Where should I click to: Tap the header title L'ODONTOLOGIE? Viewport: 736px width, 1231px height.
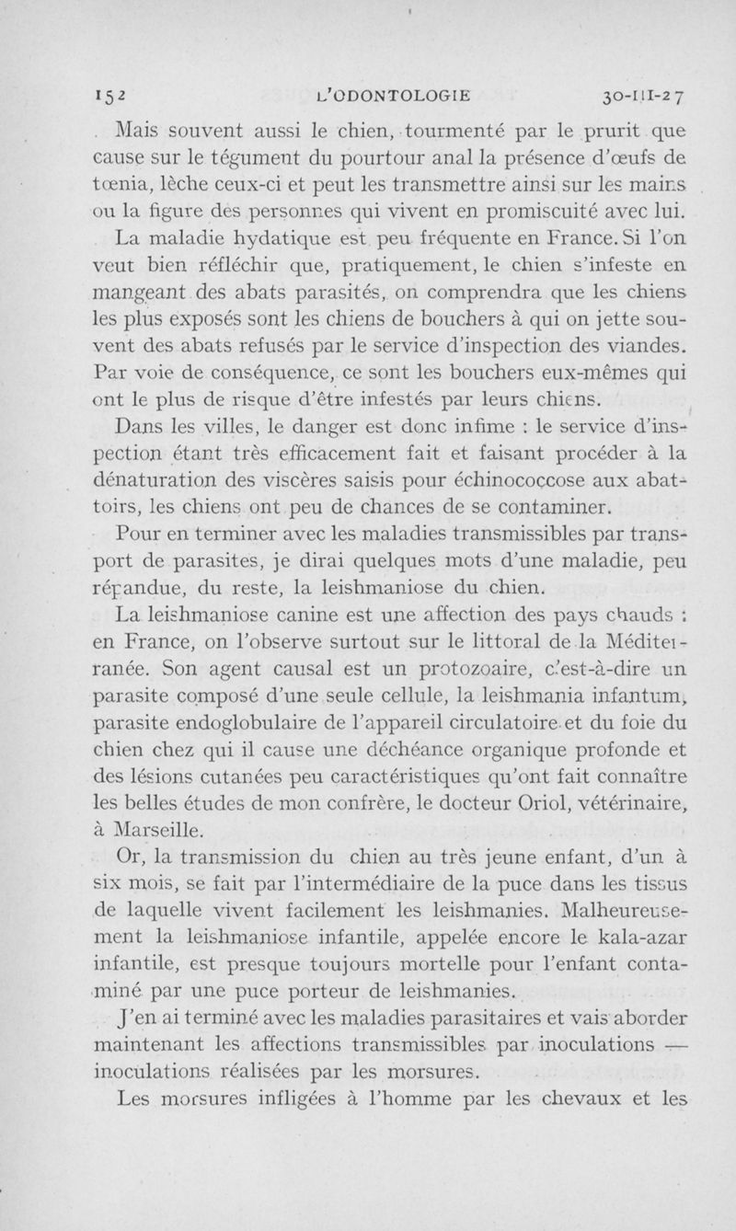(393, 93)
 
